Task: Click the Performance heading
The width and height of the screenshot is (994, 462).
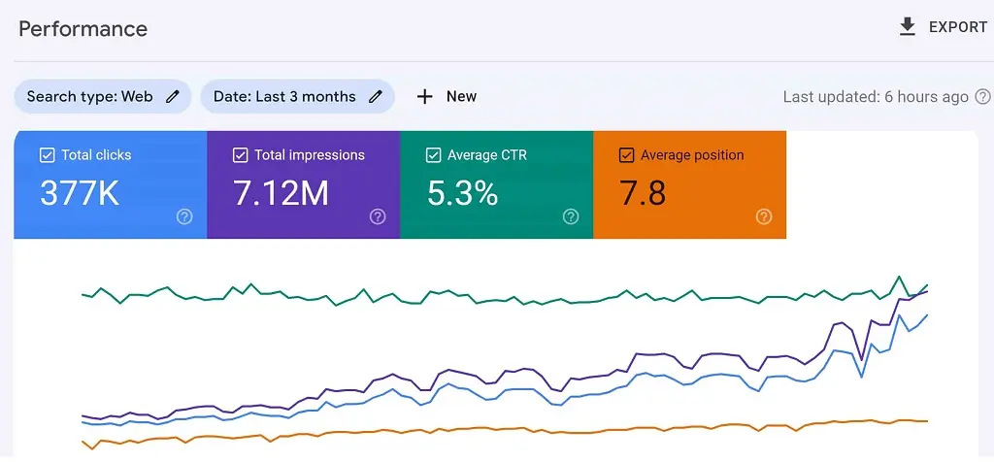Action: point(83,28)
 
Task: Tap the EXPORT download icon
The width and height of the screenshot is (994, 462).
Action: point(908,27)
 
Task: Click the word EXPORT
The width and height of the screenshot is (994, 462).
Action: point(958,27)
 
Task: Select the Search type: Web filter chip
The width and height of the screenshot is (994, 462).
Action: point(90,96)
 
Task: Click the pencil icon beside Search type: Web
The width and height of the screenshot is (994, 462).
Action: point(173,96)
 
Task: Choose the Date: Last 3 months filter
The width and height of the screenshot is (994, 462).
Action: point(284,96)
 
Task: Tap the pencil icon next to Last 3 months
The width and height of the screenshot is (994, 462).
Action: point(376,96)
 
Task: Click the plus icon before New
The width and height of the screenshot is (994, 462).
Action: point(424,96)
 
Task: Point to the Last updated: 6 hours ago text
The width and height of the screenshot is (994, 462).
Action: point(876,96)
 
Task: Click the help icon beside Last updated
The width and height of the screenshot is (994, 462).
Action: point(982,96)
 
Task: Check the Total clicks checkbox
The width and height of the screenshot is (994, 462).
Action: point(47,155)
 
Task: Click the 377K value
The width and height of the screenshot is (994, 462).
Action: point(80,193)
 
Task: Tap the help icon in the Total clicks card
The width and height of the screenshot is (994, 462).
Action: point(184,217)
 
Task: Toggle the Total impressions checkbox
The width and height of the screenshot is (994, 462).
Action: point(240,155)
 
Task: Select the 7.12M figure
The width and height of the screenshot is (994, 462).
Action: point(282,193)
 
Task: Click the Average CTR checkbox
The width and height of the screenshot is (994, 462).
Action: point(433,155)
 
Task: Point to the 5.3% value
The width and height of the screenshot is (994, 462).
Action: point(463,193)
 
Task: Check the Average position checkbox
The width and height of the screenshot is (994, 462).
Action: point(626,155)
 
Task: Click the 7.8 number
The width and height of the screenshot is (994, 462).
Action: point(643,193)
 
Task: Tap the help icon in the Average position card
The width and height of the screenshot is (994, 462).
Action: point(764,217)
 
